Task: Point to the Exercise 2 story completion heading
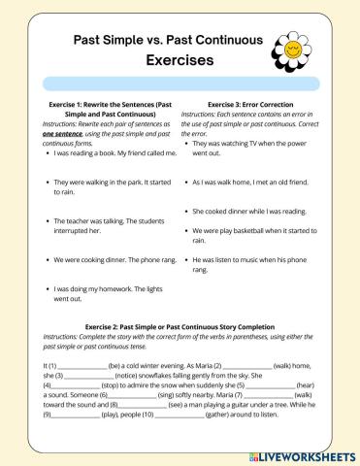pyautogui.click(x=180, y=326)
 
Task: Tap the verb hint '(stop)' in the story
pyautogui.click(x=99, y=383)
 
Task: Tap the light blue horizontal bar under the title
pyautogui.click(x=180, y=84)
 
